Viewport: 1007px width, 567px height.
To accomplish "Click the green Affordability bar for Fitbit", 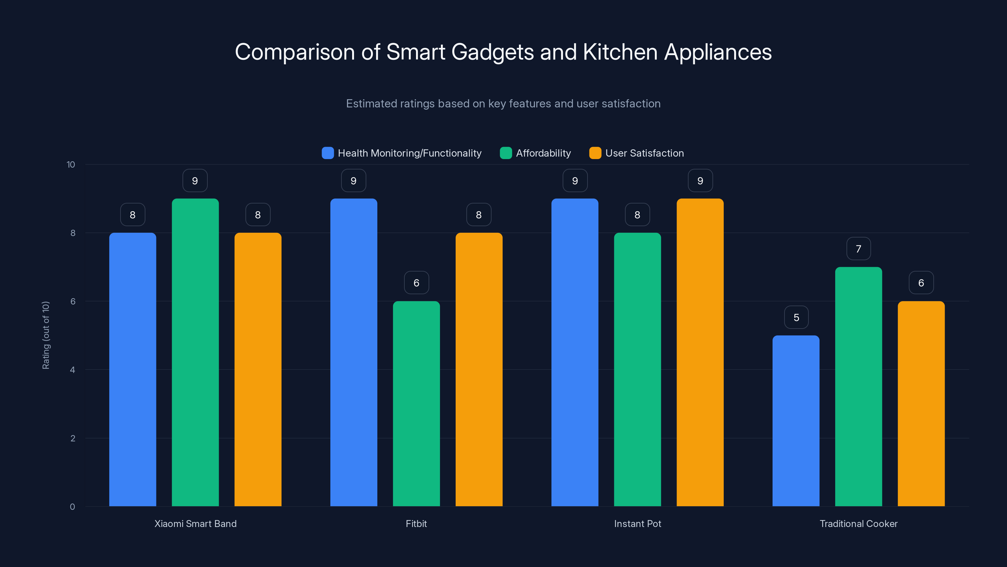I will click(x=416, y=403).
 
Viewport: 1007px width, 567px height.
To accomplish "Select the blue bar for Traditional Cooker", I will click(x=796, y=421).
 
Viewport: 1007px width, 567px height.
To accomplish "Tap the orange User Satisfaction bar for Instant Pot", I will click(x=700, y=352).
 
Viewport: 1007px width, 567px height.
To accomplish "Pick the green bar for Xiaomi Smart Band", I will click(x=195, y=352).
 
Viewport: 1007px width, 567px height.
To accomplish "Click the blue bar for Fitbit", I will click(x=354, y=352).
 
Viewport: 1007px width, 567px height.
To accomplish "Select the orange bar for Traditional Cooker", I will click(x=921, y=403).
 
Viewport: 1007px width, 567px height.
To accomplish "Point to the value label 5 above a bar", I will click(x=796, y=317).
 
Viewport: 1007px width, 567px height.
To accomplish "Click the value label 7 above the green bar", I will click(x=858, y=249).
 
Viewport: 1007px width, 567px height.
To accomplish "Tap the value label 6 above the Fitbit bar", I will click(x=416, y=283).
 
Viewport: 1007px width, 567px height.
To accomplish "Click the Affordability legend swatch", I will click(x=506, y=153).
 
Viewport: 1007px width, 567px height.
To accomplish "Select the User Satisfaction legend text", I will click(x=644, y=153).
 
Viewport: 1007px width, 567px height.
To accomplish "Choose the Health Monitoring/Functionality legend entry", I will click(x=409, y=153).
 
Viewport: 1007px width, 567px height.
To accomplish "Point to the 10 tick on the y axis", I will click(x=71, y=165).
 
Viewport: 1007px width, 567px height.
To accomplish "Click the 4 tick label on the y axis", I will click(x=72, y=370).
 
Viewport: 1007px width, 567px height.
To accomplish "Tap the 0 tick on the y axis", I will click(x=72, y=507).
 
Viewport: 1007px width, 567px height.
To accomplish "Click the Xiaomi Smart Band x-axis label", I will click(x=195, y=524).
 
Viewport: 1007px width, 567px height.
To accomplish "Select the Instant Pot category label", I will click(x=637, y=524).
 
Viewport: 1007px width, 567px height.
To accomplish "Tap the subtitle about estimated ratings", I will click(x=503, y=104).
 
